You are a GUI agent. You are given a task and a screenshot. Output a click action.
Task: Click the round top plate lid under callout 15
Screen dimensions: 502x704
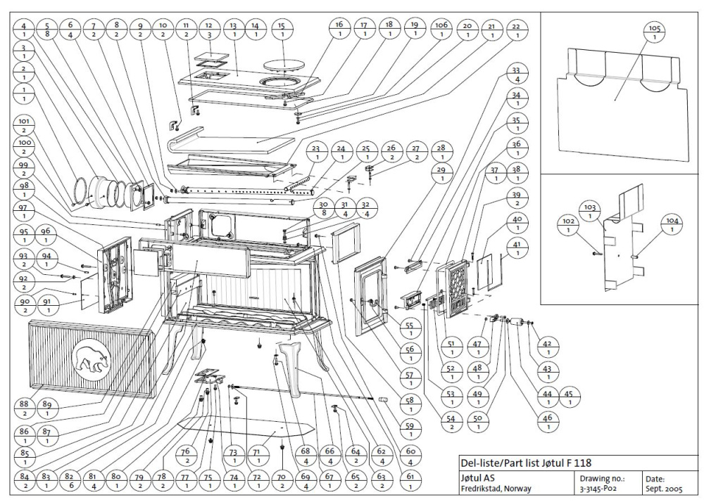pos(284,65)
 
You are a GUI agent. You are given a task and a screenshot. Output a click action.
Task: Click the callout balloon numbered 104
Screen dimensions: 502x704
pos(670,224)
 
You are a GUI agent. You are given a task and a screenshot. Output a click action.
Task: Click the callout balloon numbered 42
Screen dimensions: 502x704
pos(548,349)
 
